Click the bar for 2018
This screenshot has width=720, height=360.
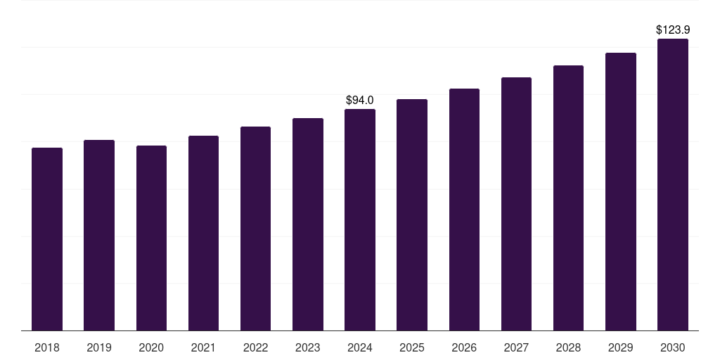(x=47, y=239)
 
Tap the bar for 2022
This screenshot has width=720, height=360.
(x=255, y=229)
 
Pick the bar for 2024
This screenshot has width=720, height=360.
(x=360, y=219)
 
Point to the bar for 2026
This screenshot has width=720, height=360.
(x=464, y=210)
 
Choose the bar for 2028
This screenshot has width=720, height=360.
(x=568, y=198)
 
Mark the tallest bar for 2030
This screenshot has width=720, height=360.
(x=672, y=184)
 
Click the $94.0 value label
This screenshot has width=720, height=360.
(x=360, y=101)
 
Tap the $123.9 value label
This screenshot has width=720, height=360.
(x=672, y=30)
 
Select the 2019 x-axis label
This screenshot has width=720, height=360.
(x=99, y=348)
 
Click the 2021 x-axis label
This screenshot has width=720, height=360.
(x=203, y=348)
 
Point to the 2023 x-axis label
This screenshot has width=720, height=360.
(x=307, y=348)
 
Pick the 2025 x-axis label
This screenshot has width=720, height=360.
(x=412, y=348)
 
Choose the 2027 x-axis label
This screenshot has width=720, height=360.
(x=516, y=348)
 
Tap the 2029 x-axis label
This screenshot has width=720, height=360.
(x=620, y=348)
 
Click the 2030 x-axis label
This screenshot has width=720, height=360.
(x=672, y=348)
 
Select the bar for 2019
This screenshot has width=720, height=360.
(x=99, y=235)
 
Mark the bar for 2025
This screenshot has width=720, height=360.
(x=412, y=214)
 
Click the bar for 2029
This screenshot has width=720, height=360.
(x=620, y=191)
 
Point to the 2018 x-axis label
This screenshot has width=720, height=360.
(x=47, y=348)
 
